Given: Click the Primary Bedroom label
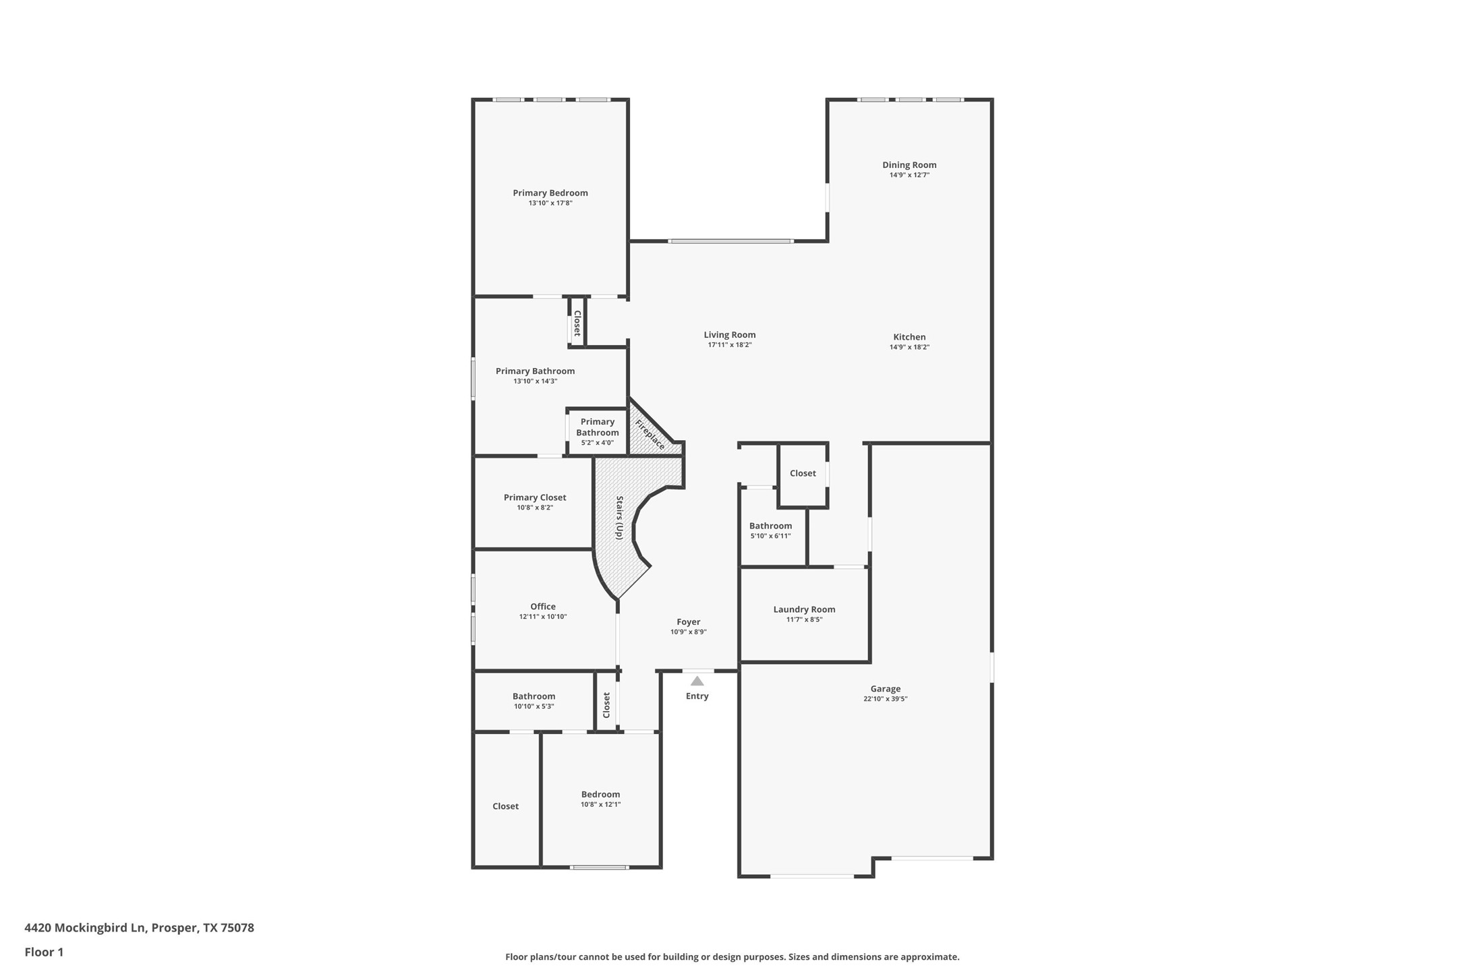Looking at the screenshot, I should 550,193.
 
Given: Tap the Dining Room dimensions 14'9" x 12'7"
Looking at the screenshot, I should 909,175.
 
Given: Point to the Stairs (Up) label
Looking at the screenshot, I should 619,518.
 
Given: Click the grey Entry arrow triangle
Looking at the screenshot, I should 697,681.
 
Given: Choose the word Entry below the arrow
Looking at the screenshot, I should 697,696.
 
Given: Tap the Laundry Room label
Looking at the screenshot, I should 804,609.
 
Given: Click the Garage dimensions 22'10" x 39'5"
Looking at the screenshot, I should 885,699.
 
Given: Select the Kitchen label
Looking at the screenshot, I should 909,337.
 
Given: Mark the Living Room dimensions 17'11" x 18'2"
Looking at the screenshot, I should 729,345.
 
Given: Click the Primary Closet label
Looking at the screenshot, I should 534,497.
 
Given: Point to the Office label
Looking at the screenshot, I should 542,607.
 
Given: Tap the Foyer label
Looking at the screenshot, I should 688,622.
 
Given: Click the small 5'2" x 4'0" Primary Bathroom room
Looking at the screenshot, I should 597,432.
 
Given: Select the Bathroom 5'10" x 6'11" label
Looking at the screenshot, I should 770,526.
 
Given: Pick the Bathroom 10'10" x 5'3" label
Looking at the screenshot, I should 534,696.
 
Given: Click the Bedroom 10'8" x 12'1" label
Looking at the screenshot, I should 600,795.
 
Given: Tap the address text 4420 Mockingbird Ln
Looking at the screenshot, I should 85,927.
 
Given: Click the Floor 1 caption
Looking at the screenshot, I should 44,952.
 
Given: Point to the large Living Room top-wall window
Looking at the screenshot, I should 730,241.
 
